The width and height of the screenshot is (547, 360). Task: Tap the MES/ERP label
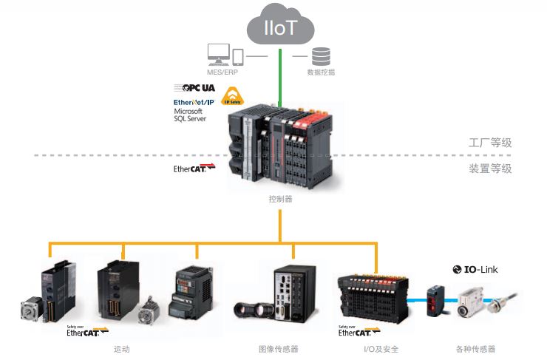click(225, 72)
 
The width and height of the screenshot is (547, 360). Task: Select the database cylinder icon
click(321, 56)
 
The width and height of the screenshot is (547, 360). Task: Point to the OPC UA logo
click(194, 88)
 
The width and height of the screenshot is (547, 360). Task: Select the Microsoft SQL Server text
click(191, 115)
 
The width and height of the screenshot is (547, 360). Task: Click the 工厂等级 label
click(491, 143)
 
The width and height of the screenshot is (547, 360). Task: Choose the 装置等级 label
click(491, 169)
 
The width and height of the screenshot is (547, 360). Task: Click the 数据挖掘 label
click(321, 72)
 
